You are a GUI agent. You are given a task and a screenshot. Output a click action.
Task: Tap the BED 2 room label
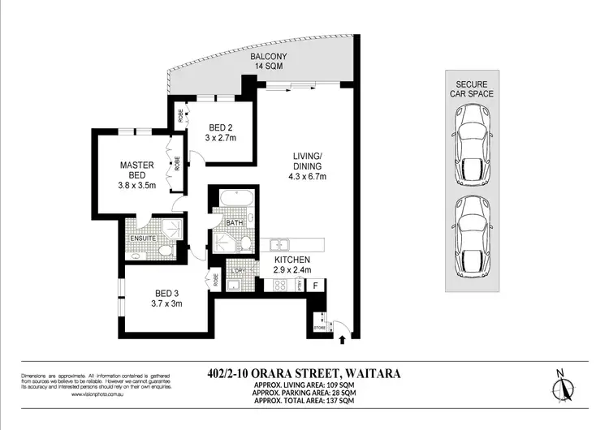point(222,127)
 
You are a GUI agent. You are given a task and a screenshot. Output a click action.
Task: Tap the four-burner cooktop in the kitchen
point(281,286)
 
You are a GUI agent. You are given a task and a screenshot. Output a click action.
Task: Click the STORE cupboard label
point(318,327)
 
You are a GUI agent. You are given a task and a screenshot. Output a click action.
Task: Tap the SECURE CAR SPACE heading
point(473,88)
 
